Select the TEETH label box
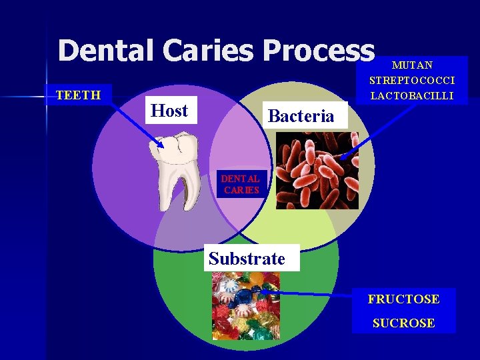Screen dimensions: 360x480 click(x=78, y=95)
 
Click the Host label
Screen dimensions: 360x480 click(x=169, y=111)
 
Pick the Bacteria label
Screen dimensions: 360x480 click(x=301, y=116)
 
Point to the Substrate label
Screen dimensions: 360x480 click(x=247, y=259)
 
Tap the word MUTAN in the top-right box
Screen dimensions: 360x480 click(x=412, y=65)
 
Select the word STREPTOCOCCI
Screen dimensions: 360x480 click(x=412, y=81)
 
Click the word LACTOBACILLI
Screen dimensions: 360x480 click(x=412, y=96)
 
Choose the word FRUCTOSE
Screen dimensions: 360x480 click(x=404, y=299)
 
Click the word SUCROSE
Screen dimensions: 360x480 click(x=404, y=323)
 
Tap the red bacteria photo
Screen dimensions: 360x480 click(x=316, y=170)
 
